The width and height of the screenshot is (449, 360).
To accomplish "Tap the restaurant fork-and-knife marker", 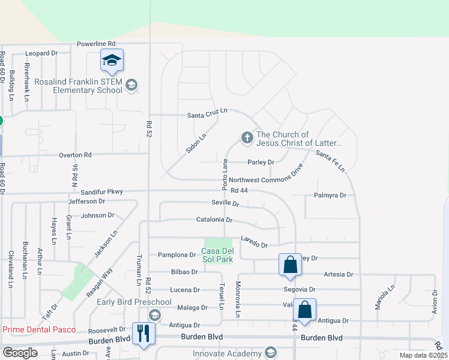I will [x=143, y=332].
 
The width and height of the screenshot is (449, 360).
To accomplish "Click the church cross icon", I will [x=247, y=138].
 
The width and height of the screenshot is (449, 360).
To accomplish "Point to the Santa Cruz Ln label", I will [x=208, y=113].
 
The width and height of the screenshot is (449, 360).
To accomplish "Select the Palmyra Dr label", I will [x=330, y=196].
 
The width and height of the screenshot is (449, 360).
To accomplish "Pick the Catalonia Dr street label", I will [x=214, y=220].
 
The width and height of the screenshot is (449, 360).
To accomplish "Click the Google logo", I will [x=20, y=353].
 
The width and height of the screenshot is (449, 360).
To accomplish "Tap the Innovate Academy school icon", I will [x=271, y=353].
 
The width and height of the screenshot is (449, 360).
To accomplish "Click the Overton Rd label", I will [x=75, y=155].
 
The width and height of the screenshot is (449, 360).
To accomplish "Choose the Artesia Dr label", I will [x=339, y=274].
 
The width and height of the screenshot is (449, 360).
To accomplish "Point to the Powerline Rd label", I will [x=95, y=44].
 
